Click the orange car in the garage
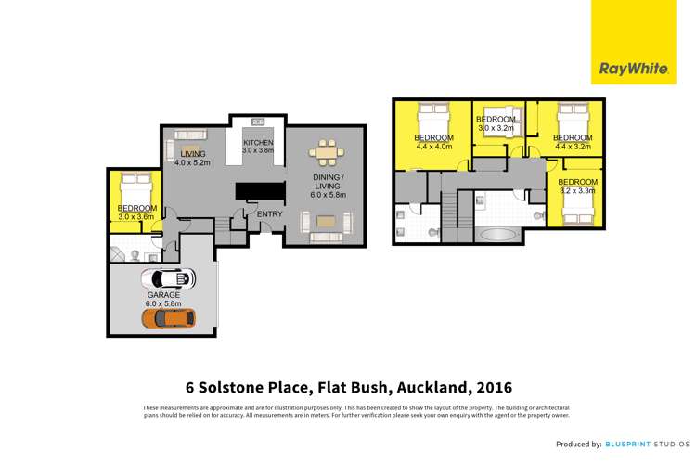point(168,317)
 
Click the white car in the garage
point(168,278)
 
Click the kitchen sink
point(257,122)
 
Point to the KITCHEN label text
point(259,142)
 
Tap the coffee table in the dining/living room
point(326,221)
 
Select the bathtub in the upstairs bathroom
point(503,233)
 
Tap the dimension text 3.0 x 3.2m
point(496,128)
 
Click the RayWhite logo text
point(628,69)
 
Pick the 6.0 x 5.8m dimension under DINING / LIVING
point(329,194)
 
